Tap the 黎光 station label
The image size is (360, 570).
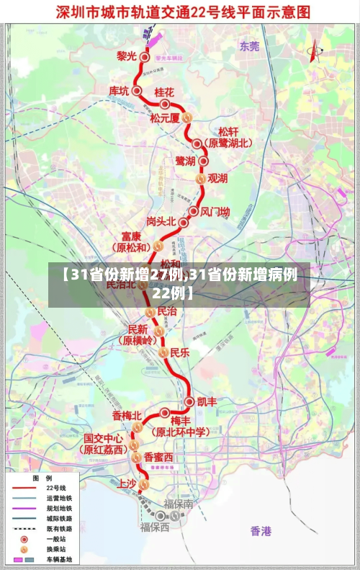(127, 55)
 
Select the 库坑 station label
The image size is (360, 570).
(119, 91)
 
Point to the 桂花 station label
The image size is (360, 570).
(164, 93)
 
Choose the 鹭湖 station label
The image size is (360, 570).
(185, 160)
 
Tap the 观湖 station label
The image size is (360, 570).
(217, 177)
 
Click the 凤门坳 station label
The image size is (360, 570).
(215, 212)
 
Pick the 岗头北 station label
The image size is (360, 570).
(161, 221)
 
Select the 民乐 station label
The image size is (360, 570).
(179, 352)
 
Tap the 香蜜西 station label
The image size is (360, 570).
(158, 457)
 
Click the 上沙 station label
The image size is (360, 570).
(126, 484)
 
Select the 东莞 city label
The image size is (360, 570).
(249, 46)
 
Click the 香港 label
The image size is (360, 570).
(261, 531)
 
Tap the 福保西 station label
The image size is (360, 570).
(155, 527)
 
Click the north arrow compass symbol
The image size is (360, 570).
(314, 49)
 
